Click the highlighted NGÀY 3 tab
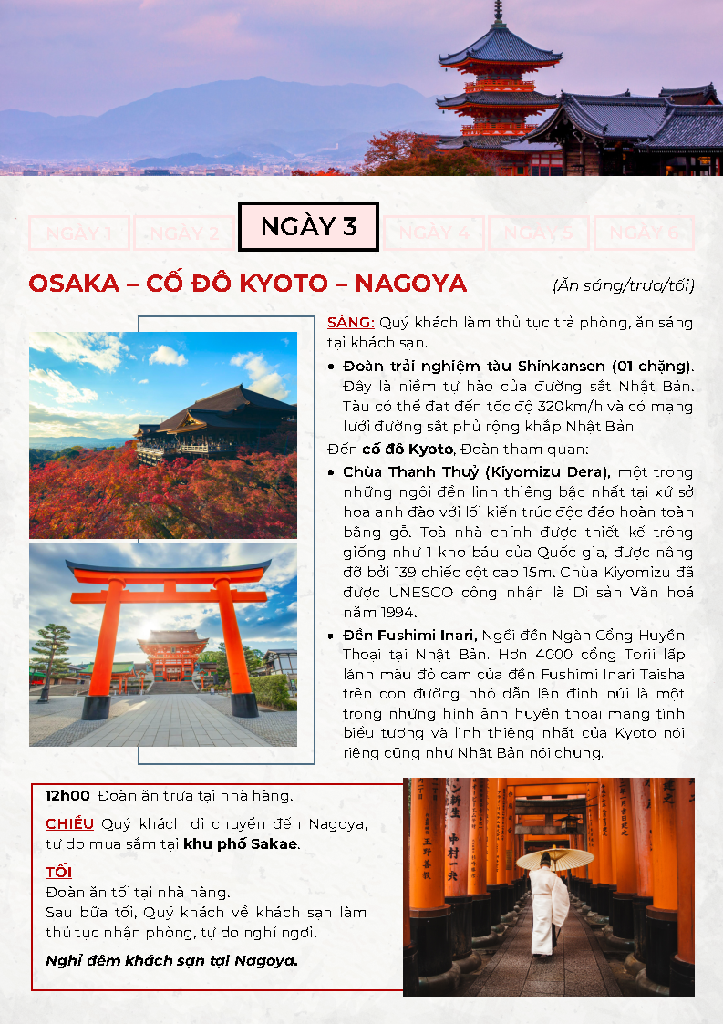(308, 226)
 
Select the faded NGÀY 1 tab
(79, 233)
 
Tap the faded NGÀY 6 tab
(644, 233)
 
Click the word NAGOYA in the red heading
(410, 284)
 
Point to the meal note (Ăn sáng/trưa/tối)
(623, 285)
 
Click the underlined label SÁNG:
(351, 323)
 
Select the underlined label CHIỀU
(69, 824)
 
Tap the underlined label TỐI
(58, 873)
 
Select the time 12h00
(67, 795)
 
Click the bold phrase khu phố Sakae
(240, 843)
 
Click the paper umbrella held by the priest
(554, 858)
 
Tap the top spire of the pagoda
(498, 11)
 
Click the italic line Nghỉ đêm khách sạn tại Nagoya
(172, 960)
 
